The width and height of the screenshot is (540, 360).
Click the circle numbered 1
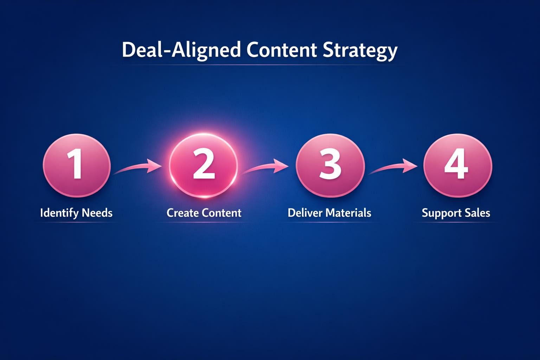tap(77, 166)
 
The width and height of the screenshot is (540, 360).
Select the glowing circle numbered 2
tap(204, 166)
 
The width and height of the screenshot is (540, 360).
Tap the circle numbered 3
tap(330, 166)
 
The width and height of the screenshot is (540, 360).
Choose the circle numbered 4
tap(457, 166)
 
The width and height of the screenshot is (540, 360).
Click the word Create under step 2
tap(181, 213)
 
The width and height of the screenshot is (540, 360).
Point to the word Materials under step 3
tap(348, 213)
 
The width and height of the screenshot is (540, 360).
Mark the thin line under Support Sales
tap(456, 222)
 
